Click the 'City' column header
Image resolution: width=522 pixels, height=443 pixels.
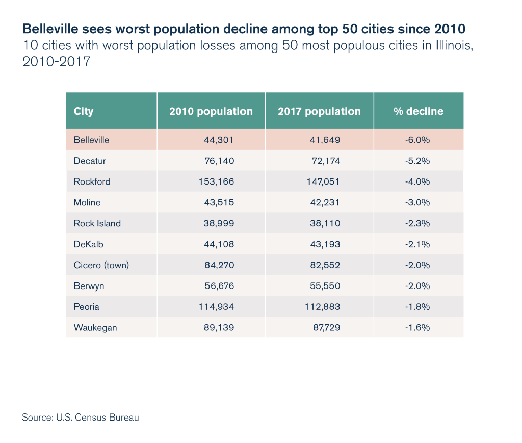84,111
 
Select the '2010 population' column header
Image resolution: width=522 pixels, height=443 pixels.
211,111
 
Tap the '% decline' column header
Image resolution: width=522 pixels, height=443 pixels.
419,111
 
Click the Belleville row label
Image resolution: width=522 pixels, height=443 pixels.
91,140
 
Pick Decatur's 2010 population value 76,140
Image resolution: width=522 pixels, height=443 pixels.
219,161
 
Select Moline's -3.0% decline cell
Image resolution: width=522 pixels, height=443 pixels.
417,202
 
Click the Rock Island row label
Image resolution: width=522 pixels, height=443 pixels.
97,223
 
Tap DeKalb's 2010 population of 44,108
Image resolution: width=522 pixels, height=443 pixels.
219,244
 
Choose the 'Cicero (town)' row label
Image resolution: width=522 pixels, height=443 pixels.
101,265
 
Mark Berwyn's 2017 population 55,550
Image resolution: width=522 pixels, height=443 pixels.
326,286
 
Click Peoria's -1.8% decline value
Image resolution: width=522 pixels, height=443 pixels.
417,307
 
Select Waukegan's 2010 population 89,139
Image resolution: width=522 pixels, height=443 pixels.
219,328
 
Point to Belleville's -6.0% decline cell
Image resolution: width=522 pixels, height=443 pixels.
417,140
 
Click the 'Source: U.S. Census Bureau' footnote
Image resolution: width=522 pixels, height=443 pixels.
81,418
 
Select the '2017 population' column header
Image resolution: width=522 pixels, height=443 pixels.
319,111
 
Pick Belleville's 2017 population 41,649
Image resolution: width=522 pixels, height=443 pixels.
326,140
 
